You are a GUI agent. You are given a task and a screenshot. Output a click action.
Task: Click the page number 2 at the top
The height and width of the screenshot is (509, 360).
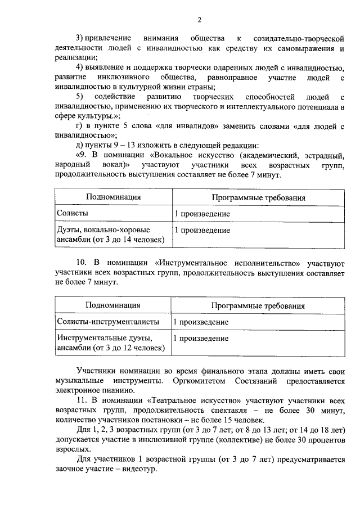tap(199, 20)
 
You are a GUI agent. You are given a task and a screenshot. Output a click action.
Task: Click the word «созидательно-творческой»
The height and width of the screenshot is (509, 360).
tap(300, 39)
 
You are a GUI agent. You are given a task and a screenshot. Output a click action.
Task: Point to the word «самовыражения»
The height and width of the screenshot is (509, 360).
tap(295, 48)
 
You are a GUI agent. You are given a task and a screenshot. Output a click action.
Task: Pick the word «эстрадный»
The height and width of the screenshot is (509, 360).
tap(323, 154)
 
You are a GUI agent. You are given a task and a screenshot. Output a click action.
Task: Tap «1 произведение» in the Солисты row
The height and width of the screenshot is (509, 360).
tap(202, 214)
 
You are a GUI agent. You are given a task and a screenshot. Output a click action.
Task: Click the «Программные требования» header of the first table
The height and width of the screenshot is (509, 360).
tap(258, 198)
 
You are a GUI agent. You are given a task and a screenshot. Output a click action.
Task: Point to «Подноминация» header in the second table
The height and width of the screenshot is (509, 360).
tap(112, 305)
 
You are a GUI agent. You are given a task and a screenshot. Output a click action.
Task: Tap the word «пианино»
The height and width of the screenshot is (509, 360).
tap(119, 390)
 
